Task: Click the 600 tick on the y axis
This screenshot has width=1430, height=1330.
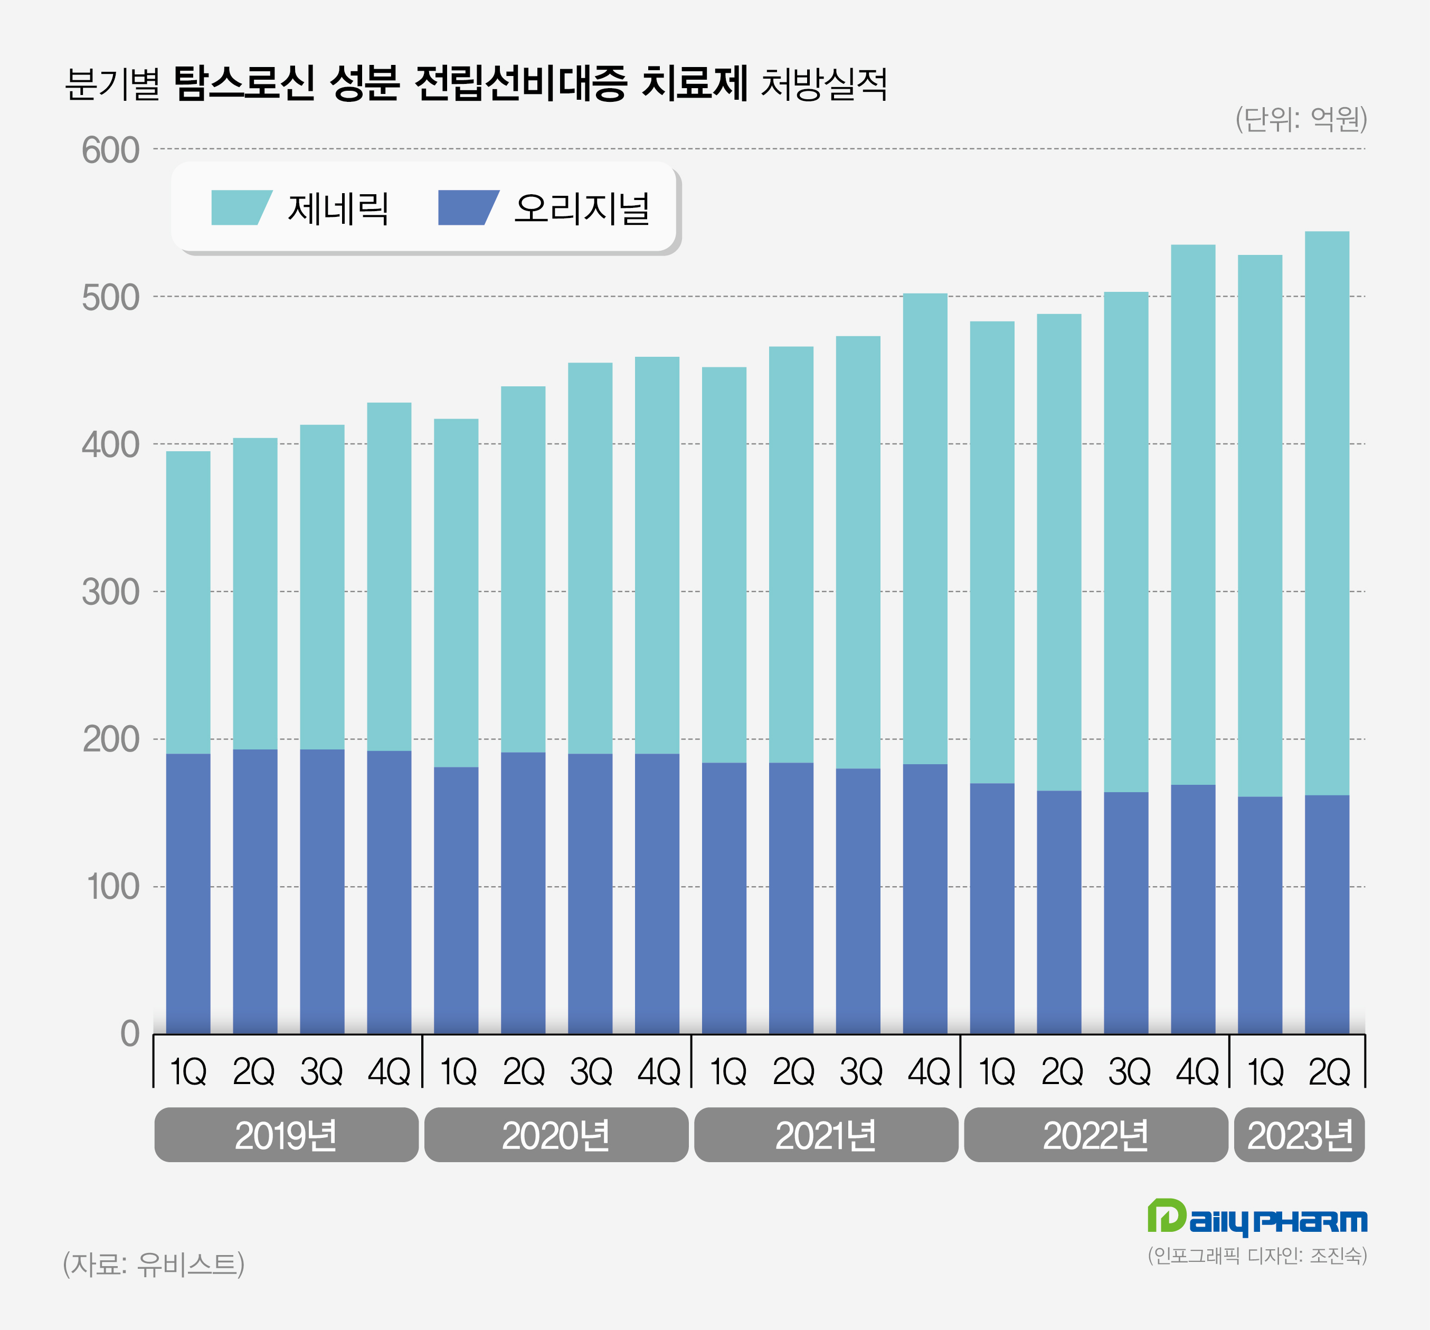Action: [x=110, y=150]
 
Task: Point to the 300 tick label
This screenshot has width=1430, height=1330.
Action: [x=110, y=593]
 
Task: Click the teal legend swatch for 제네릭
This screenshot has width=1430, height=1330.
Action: [x=240, y=208]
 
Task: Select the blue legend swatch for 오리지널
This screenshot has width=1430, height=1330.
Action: [x=468, y=208]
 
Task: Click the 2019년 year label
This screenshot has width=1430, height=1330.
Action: [x=286, y=1136]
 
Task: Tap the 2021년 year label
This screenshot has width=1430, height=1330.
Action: [x=826, y=1136]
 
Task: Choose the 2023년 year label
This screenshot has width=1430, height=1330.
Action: [x=1299, y=1136]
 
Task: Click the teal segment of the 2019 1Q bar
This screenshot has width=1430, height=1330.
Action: [x=188, y=603]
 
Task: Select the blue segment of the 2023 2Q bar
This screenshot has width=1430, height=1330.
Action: [x=1327, y=914]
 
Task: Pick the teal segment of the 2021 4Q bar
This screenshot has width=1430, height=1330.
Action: [x=925, y=529]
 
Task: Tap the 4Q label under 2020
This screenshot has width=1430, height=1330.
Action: [x=658, y=1072]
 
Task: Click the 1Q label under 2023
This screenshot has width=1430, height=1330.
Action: [x=1265, y=1072]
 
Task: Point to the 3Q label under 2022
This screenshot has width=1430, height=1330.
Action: [x=1129, y=1072]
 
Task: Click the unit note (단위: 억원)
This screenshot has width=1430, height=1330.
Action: [x=1301, y=119]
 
